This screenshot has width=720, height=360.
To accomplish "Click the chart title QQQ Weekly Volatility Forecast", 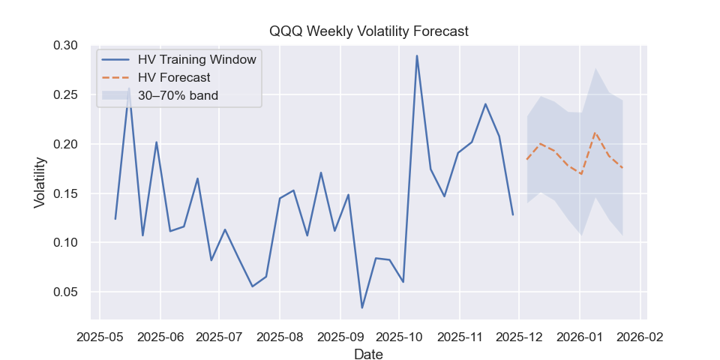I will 369,31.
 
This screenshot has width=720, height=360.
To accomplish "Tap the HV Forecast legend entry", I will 174,77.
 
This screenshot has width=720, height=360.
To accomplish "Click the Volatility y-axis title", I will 41,182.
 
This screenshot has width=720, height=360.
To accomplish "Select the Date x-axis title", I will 368,354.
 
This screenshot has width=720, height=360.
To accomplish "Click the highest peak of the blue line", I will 417,55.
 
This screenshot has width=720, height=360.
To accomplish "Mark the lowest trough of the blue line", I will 362,308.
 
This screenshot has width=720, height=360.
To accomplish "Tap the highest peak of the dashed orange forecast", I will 595,133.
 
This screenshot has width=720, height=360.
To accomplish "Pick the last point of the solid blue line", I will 513,215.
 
